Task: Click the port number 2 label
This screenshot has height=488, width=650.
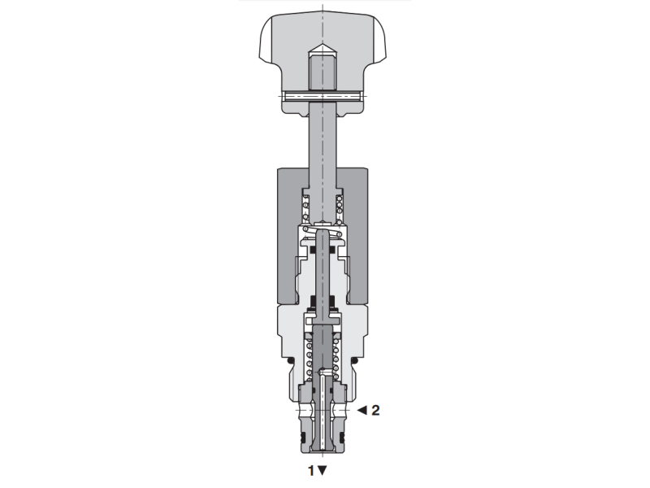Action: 375,410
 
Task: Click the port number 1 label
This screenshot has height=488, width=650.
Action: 310,469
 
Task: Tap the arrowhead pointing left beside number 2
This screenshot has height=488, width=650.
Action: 362,410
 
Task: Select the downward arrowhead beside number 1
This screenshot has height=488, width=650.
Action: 323,470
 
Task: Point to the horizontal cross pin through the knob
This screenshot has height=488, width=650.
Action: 324,97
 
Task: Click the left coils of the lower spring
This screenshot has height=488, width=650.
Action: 309,358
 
